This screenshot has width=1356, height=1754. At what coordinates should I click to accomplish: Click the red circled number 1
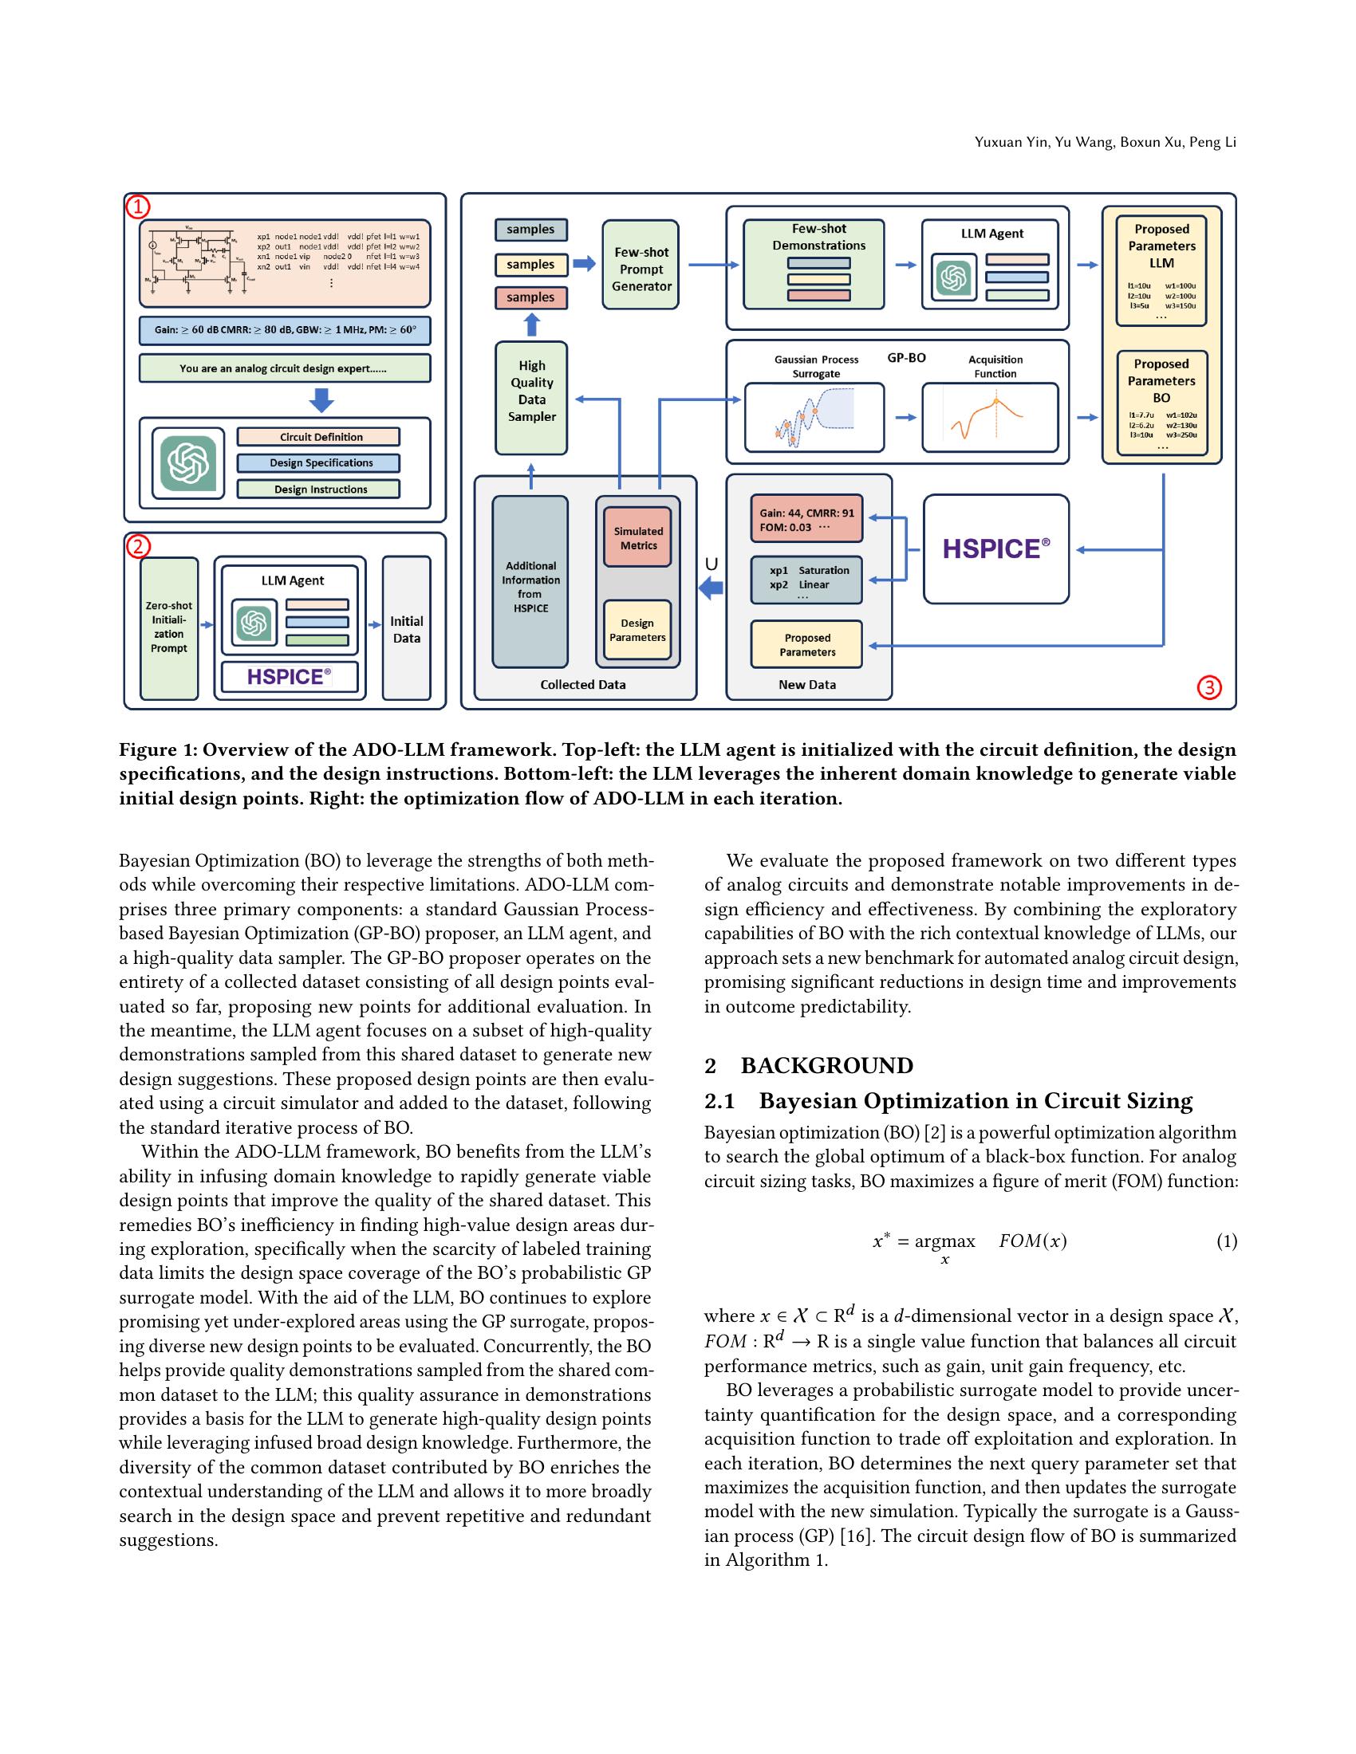(x=137, y=206)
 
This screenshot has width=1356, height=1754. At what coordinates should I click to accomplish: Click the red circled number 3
(x=1209, y=687)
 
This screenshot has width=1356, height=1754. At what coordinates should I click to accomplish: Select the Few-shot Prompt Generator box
(x=641, y=265)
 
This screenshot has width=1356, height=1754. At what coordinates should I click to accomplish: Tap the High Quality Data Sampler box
(x=531, y=398)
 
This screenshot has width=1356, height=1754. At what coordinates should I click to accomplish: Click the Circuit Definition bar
(x=318, y=437)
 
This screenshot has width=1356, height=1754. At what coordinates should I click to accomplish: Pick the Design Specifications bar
(x=318, y=462)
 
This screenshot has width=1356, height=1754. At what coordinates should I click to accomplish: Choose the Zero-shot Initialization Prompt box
(x=168, y=627)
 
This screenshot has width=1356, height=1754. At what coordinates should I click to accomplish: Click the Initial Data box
(x=406, y=628)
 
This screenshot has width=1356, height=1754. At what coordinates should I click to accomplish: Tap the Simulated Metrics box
(x=638, y=537)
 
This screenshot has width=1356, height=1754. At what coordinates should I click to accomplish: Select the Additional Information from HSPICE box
(x=530, y=582)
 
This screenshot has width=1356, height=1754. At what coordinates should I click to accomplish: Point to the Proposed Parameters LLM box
(x=1161, y=269)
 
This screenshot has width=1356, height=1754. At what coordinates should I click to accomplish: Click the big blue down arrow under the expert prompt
(x=321, y=399)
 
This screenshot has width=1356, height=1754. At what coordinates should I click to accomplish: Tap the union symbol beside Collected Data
(x=711, y=564)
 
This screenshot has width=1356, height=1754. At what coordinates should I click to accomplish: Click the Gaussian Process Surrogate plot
(x=814, y=418)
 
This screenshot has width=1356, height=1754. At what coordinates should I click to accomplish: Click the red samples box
(x=530, y=297)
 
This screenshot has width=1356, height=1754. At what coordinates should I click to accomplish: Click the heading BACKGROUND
(x=826, y=1065)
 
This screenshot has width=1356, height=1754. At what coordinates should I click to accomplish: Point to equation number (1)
(x=1226, y=1241)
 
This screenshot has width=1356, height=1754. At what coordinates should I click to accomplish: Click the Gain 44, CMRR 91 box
(x=806, y=520)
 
